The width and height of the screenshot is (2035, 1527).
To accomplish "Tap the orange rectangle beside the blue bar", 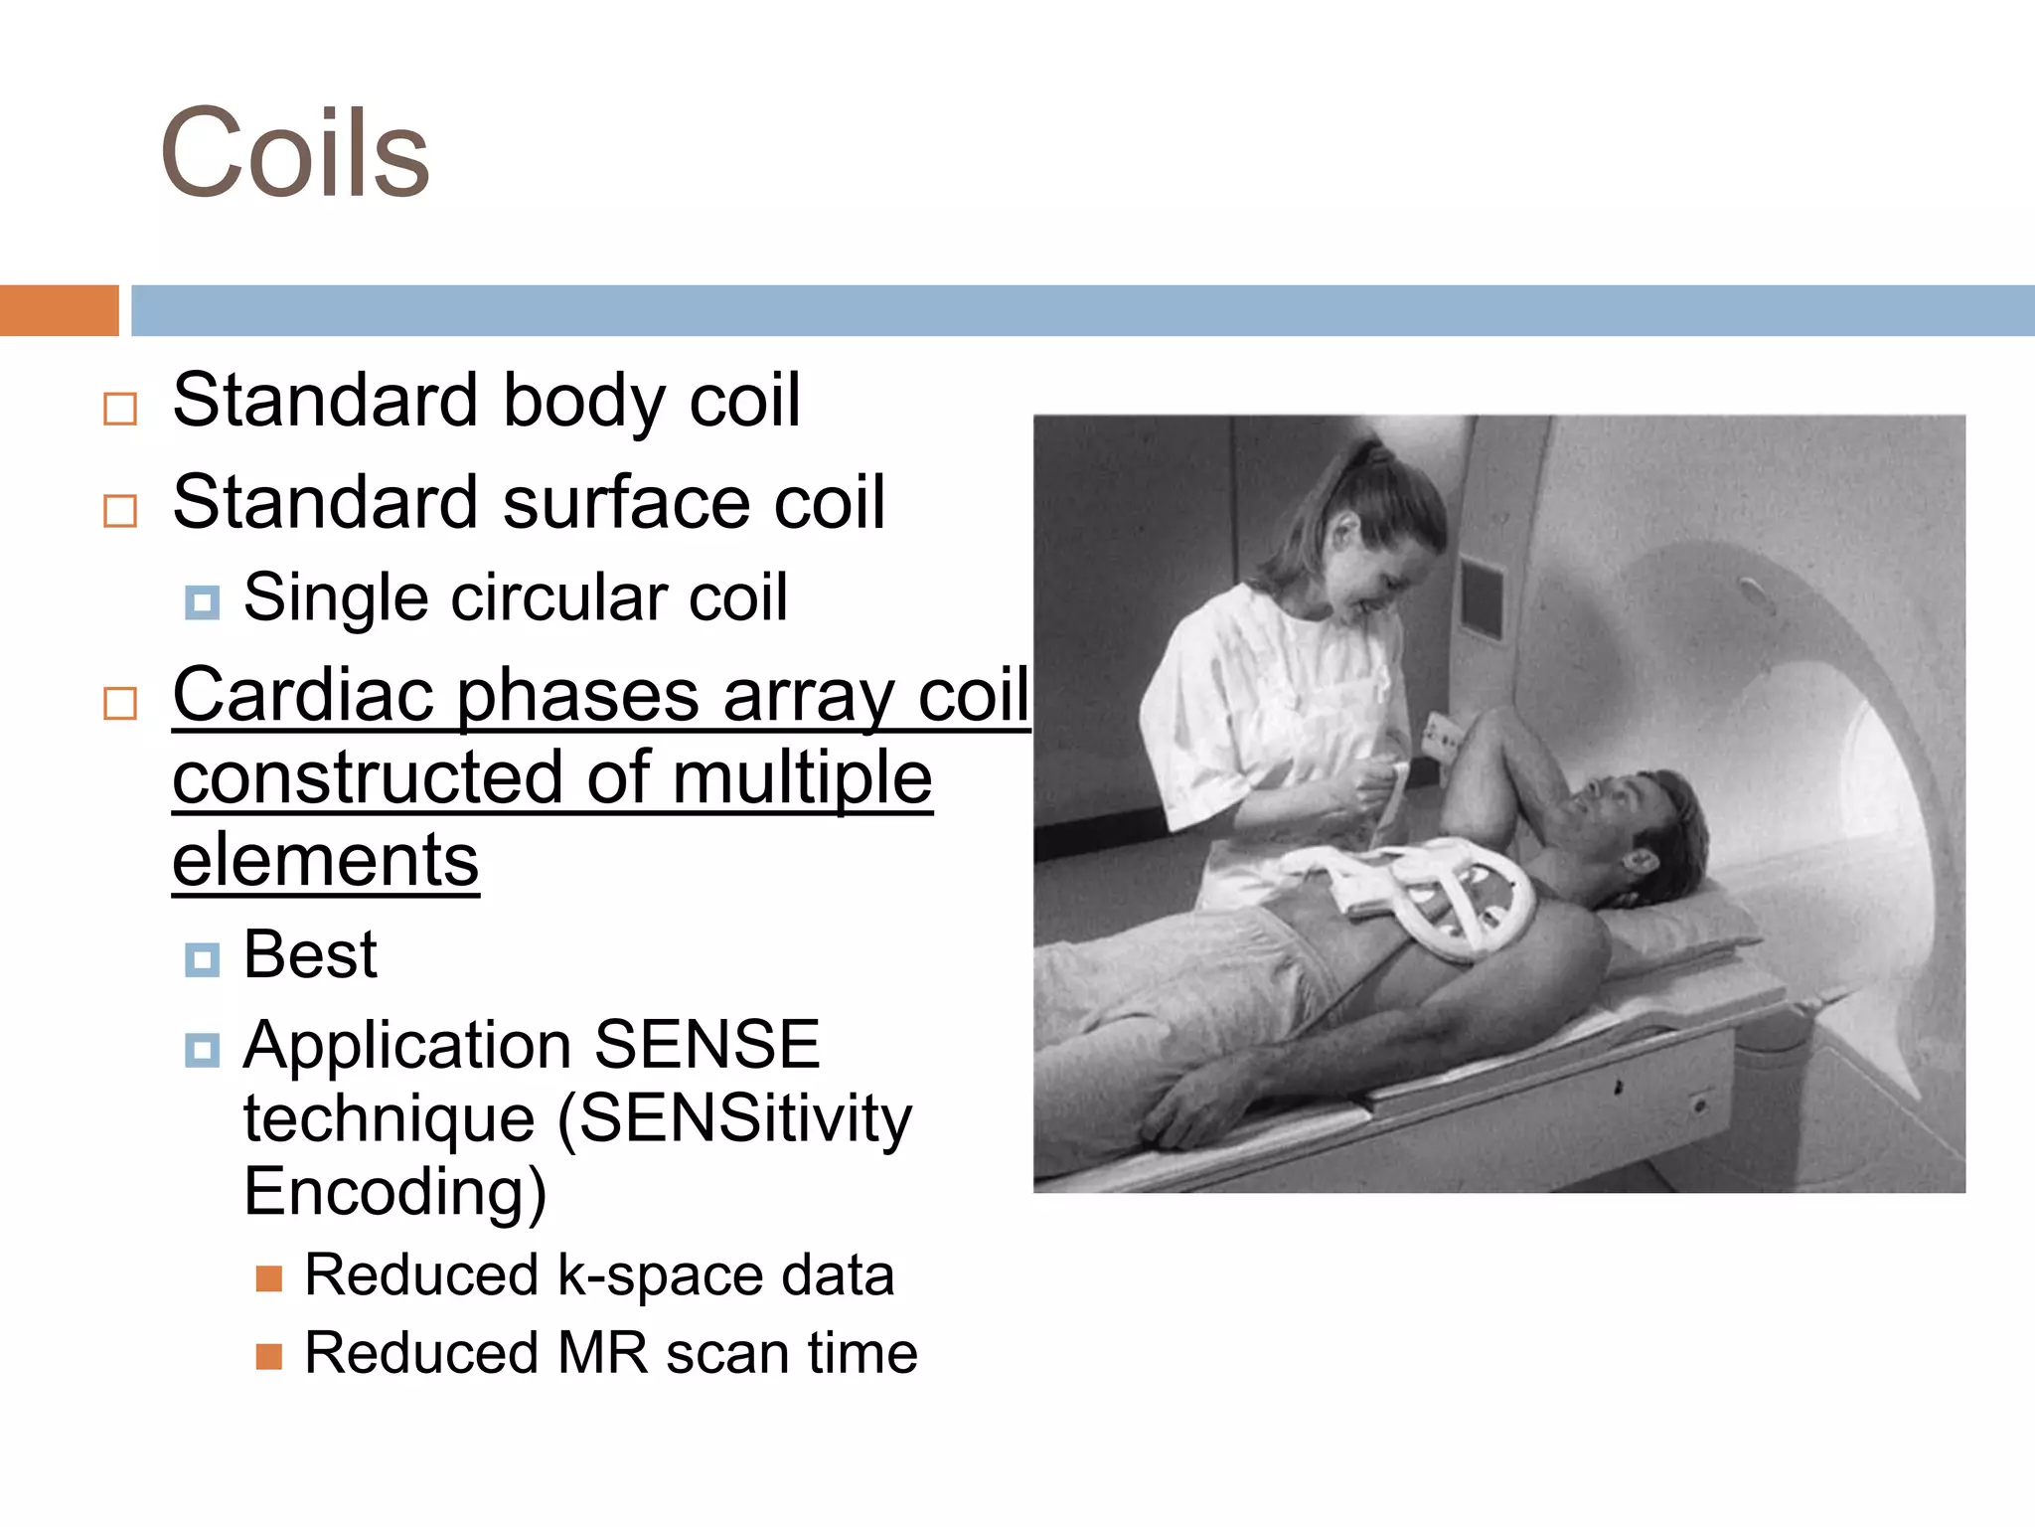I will tap(59, 310).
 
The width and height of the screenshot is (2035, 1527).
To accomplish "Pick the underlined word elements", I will tap(325, 860).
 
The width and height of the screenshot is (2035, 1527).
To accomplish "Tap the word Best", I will tap(310, 954).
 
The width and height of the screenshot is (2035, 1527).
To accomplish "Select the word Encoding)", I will tap(394, 1191).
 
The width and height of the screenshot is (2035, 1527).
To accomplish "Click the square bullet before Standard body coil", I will tap(120, 409).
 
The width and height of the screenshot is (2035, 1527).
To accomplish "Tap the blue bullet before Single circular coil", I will tap(202, 601).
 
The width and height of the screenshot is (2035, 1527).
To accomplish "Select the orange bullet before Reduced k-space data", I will tap(268, 1277).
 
